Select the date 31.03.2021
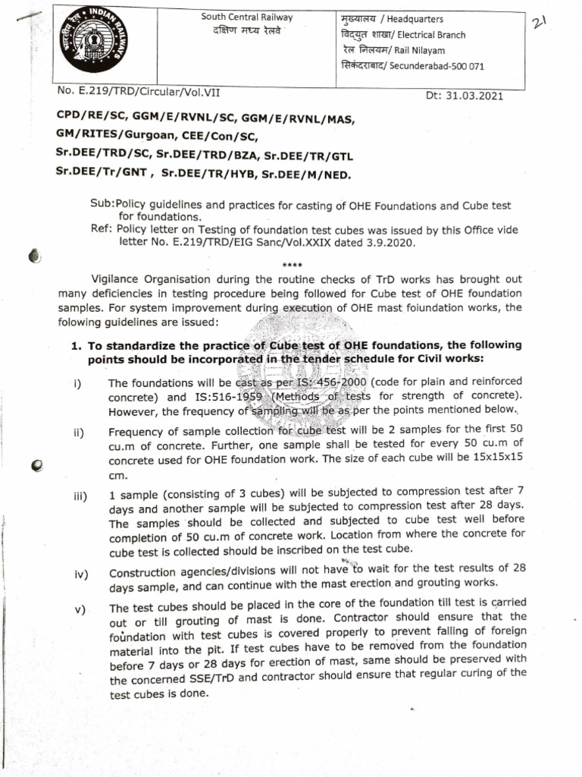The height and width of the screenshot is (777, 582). [x=474, y=96]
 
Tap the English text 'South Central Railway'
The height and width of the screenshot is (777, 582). [x=246, y=17]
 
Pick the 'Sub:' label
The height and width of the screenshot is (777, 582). [x=101, y=206]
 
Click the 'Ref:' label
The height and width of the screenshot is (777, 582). [x=100, y=230]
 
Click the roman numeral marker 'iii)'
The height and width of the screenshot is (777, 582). [x=81, y=497]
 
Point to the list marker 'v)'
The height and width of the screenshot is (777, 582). [x=80, y=609]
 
